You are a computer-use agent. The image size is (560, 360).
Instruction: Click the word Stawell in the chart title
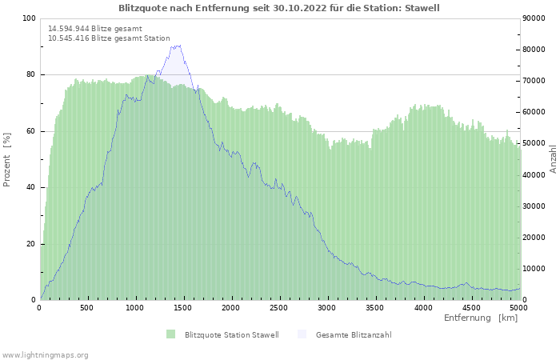tap(422, 8)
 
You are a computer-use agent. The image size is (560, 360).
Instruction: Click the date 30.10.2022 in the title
tap(300, 8)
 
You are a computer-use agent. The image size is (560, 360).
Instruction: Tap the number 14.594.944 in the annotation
tap(69, 29)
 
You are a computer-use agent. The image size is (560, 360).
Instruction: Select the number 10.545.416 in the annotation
tap(69, 38)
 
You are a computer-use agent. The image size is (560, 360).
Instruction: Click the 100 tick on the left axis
tap(29, 18)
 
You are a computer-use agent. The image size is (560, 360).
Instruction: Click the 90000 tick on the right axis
tap(534, 18)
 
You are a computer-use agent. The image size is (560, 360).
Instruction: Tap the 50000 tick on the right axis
tap(534, 143)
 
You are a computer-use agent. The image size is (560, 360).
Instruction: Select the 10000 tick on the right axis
tap(534, 269)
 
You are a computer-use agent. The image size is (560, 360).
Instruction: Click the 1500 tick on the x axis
tap(182, 308)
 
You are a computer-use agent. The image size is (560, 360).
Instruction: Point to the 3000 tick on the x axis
tap(326, 308)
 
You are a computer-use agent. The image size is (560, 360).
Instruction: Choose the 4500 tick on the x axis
tap(471, 308)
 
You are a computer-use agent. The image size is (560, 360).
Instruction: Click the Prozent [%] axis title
tap(6, 160)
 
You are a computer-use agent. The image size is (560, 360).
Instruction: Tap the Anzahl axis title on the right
tap(553, 159)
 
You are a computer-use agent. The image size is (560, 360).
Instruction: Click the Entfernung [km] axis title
tap(481, 318)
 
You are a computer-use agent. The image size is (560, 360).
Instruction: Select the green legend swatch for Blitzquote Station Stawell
tap(170, 334)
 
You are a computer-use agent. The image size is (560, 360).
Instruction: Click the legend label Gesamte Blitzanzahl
tap(354, 334)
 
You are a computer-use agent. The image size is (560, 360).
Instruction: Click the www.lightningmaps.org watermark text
tap(45, 355)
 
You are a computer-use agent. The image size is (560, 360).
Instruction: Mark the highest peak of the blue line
tap(180, 46)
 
